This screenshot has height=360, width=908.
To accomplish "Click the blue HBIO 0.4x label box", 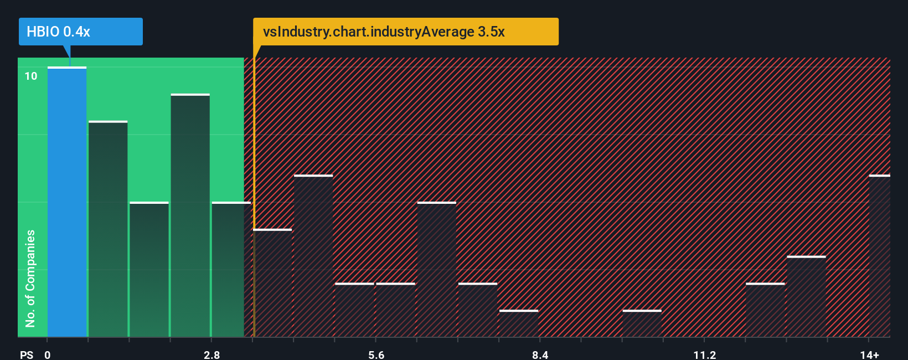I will (x=80, y=32).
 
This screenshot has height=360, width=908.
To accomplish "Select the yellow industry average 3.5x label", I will (x=405, y=32).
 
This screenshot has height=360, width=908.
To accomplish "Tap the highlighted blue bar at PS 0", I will (x=67, y=202).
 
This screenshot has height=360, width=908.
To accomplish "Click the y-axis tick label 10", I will (x=31, y=76).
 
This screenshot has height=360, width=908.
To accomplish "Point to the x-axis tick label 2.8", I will (x=211, y=354).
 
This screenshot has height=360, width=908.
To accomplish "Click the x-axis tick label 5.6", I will (x=376, y=354).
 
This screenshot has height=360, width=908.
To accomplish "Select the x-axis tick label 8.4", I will (x=540, y=354).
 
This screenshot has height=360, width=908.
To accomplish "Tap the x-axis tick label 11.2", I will (x=704, y=354).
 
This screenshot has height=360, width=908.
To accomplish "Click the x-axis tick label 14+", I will (x=869, y=354).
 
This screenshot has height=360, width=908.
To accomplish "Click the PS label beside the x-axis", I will (x=27, y=354).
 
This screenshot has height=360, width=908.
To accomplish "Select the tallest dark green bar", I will (x=190, y=216).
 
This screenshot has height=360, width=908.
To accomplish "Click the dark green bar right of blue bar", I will (x=108, y=229).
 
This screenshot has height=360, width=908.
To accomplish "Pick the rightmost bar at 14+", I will (x=879, y=256).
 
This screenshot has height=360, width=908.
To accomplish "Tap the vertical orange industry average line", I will (x=254, y=194).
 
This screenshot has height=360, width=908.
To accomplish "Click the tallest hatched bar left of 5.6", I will (x=313, y=256).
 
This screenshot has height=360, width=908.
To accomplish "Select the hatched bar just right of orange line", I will (x=272, y=282).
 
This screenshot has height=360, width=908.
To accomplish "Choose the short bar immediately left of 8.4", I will (x=519, y=323).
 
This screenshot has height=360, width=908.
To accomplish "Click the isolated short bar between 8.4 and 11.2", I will (x=642, y=323).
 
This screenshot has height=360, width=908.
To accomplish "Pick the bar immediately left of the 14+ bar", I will (x=806, y=296).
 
